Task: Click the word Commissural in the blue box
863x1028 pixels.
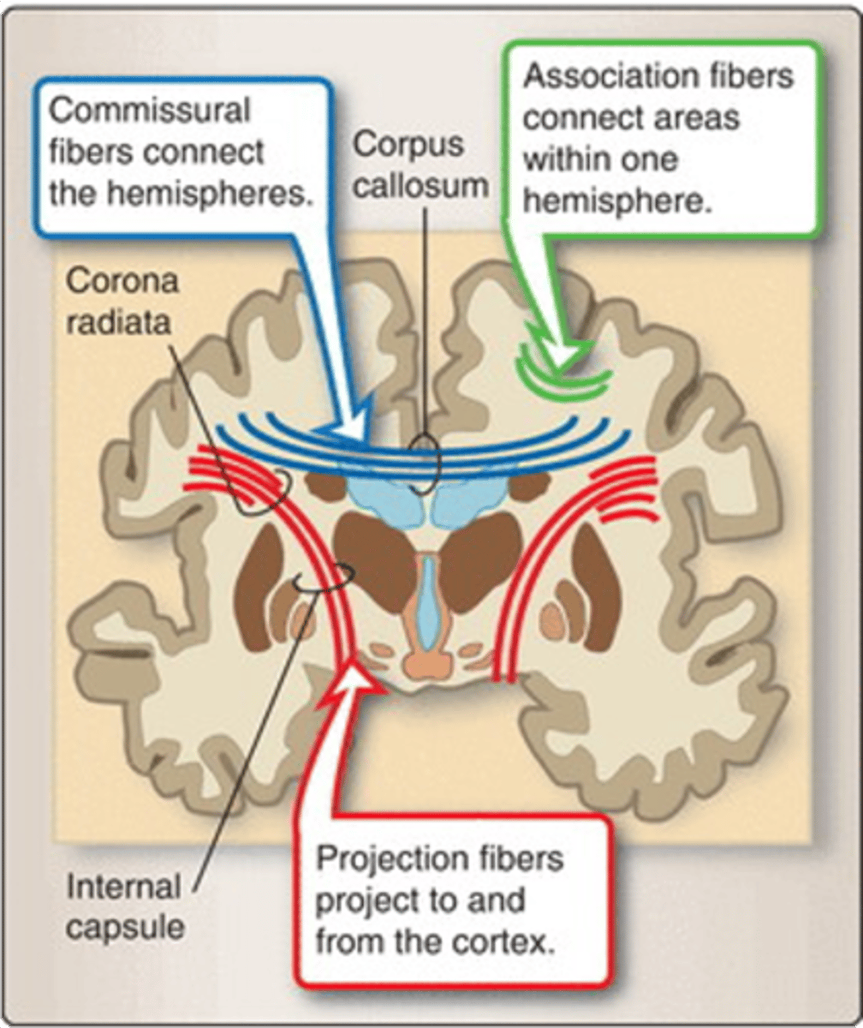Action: tap(150, 111)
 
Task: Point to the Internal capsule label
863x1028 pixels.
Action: tap(125, 906)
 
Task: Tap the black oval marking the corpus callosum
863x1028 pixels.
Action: tap(424, 463)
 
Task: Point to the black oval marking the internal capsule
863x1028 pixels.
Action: tap(322, 579)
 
